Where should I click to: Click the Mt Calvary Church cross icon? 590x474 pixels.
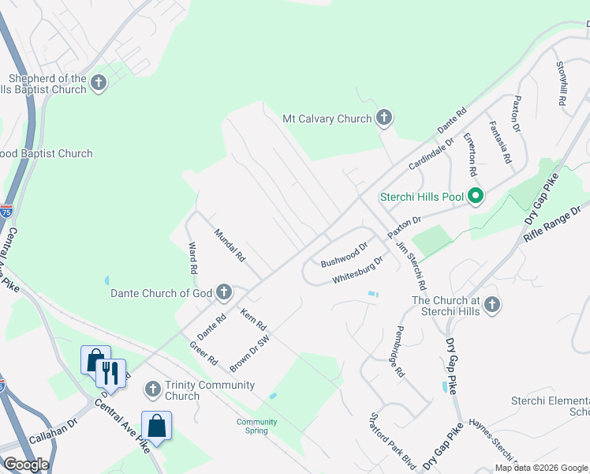[x=383, y=118]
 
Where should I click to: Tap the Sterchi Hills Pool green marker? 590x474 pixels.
[x=476, y=195]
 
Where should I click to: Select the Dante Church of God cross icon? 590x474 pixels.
[x=224, y=293]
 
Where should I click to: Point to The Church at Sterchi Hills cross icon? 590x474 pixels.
[x=492, y=304]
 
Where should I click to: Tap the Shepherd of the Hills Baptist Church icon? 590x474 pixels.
[x=99, y=83]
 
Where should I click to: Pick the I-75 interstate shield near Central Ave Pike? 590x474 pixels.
[x=6, y=212]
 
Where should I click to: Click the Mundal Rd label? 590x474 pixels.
[x=230, y=245]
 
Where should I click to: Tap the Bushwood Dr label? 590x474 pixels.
[x=345, y=254]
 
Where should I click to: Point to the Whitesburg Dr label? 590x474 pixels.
[x=357, y=269]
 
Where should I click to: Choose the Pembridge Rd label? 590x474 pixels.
[x=400, y=351]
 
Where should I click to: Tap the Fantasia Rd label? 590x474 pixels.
[x=499, y=139]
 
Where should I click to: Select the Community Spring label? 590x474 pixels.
[x=257, y=427]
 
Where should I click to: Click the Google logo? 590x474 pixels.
[x=26, y=465]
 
